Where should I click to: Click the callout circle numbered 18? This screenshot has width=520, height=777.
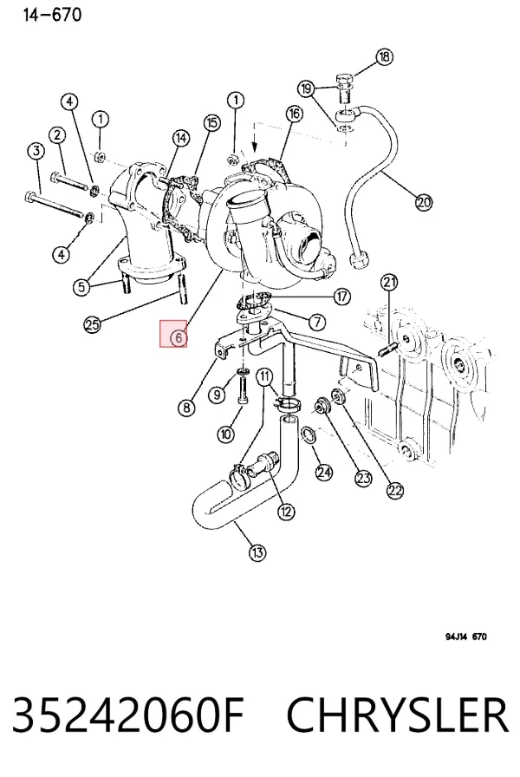click(x=384, y=56)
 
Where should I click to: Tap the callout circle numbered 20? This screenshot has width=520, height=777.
click(x=424, y=202)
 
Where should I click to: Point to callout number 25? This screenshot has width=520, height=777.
click(x=93, y=324)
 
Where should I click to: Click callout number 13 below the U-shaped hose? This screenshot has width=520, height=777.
click(x=257, y=552)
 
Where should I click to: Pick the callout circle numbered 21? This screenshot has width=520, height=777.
click(x=389, y=283)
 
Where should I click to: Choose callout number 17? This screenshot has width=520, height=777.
click(x=341, y=297)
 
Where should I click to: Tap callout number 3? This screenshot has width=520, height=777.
click(x=36, y=151)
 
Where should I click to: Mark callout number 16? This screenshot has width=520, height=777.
click(x=294, y=114)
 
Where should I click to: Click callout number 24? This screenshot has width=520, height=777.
click(x=324, y=472)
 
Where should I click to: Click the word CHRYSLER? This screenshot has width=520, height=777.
click(x=398, y=715)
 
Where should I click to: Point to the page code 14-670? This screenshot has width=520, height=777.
click(x=52, y=15)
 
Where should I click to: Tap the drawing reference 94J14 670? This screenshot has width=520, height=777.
click(x=465, y=637)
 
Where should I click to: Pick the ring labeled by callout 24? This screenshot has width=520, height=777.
click(x=309, y=435)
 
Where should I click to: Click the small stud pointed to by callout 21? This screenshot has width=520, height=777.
click(x=388, y=349)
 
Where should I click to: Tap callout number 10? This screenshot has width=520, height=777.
click(x=225, y=434)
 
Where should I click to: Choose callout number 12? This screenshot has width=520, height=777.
click(x=286, y=512)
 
